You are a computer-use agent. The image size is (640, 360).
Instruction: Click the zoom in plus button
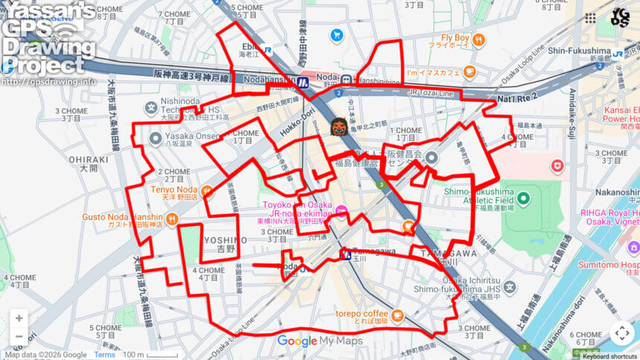coord(19,318)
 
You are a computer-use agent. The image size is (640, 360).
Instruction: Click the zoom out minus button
coord(19,337)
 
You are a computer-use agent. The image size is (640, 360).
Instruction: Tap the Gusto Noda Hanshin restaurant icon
coord(172,219)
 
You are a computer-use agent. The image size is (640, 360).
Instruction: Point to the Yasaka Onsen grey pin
coord(155,138)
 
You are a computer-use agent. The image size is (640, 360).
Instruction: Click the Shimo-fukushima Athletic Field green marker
coord(522,199)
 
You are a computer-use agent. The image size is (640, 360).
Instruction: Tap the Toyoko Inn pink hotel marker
coord(342,211)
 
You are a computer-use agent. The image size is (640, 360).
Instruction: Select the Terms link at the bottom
coord(104,355)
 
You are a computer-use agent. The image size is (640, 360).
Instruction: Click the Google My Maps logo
coord(320,341)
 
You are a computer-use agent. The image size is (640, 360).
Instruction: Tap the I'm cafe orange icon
coord(469,71)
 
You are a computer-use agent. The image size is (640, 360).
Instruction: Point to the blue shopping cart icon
coord(336,35)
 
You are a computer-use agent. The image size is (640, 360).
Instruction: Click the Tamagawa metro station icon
coord(345,254)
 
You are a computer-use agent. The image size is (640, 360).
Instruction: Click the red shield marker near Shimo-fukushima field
coord(557,166)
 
